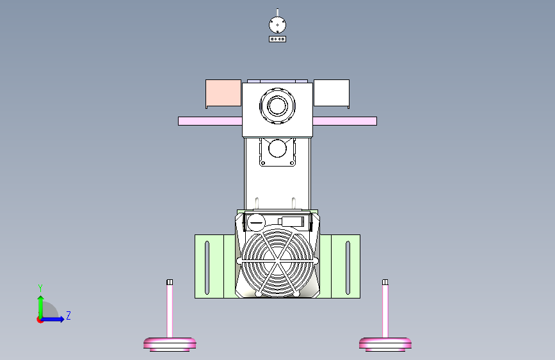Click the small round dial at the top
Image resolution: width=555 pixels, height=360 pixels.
click(x=277, y=24)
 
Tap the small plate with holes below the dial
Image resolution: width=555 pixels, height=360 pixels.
click(x=277, y=39)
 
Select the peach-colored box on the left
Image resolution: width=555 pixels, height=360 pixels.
click(x=223, y=94)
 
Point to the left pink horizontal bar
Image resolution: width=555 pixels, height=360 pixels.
click(x=209, y=121)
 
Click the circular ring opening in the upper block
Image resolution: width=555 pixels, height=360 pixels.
click(x=277, y=105)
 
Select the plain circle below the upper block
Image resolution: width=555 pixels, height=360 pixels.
click(x=277, y=149)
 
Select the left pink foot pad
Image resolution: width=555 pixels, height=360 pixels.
click(x=170, y=344)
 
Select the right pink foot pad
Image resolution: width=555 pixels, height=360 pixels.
click(x=385, y=344)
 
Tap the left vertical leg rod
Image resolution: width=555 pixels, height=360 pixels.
click(x=170, y=311)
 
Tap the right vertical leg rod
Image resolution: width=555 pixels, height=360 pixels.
click(x=385, y=311)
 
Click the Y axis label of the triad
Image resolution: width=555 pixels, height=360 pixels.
click(x=40, y=288)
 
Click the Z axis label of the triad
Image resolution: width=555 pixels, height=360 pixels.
click(x=68, y=316)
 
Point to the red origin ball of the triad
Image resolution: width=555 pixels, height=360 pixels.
click(x=40, y=320)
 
